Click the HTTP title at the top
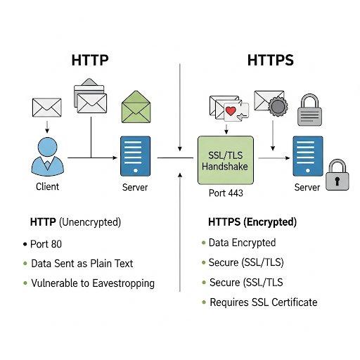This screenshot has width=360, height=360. point(90,60)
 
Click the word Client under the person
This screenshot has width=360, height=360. point(47,186)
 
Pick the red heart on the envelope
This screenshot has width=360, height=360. point(230,110)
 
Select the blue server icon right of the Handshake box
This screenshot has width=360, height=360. point(307,156)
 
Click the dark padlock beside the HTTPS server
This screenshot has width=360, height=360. point(337,175)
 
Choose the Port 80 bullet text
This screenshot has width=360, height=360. point(47,245)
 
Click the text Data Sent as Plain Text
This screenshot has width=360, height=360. point(82,264)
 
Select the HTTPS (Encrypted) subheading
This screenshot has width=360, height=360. point(252,222)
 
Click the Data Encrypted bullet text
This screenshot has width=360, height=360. point(242,243)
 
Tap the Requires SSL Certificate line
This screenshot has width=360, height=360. point(263,302)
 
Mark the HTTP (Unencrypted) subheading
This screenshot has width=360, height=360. point(75,222)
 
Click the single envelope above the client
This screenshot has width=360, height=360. point(47,108)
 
